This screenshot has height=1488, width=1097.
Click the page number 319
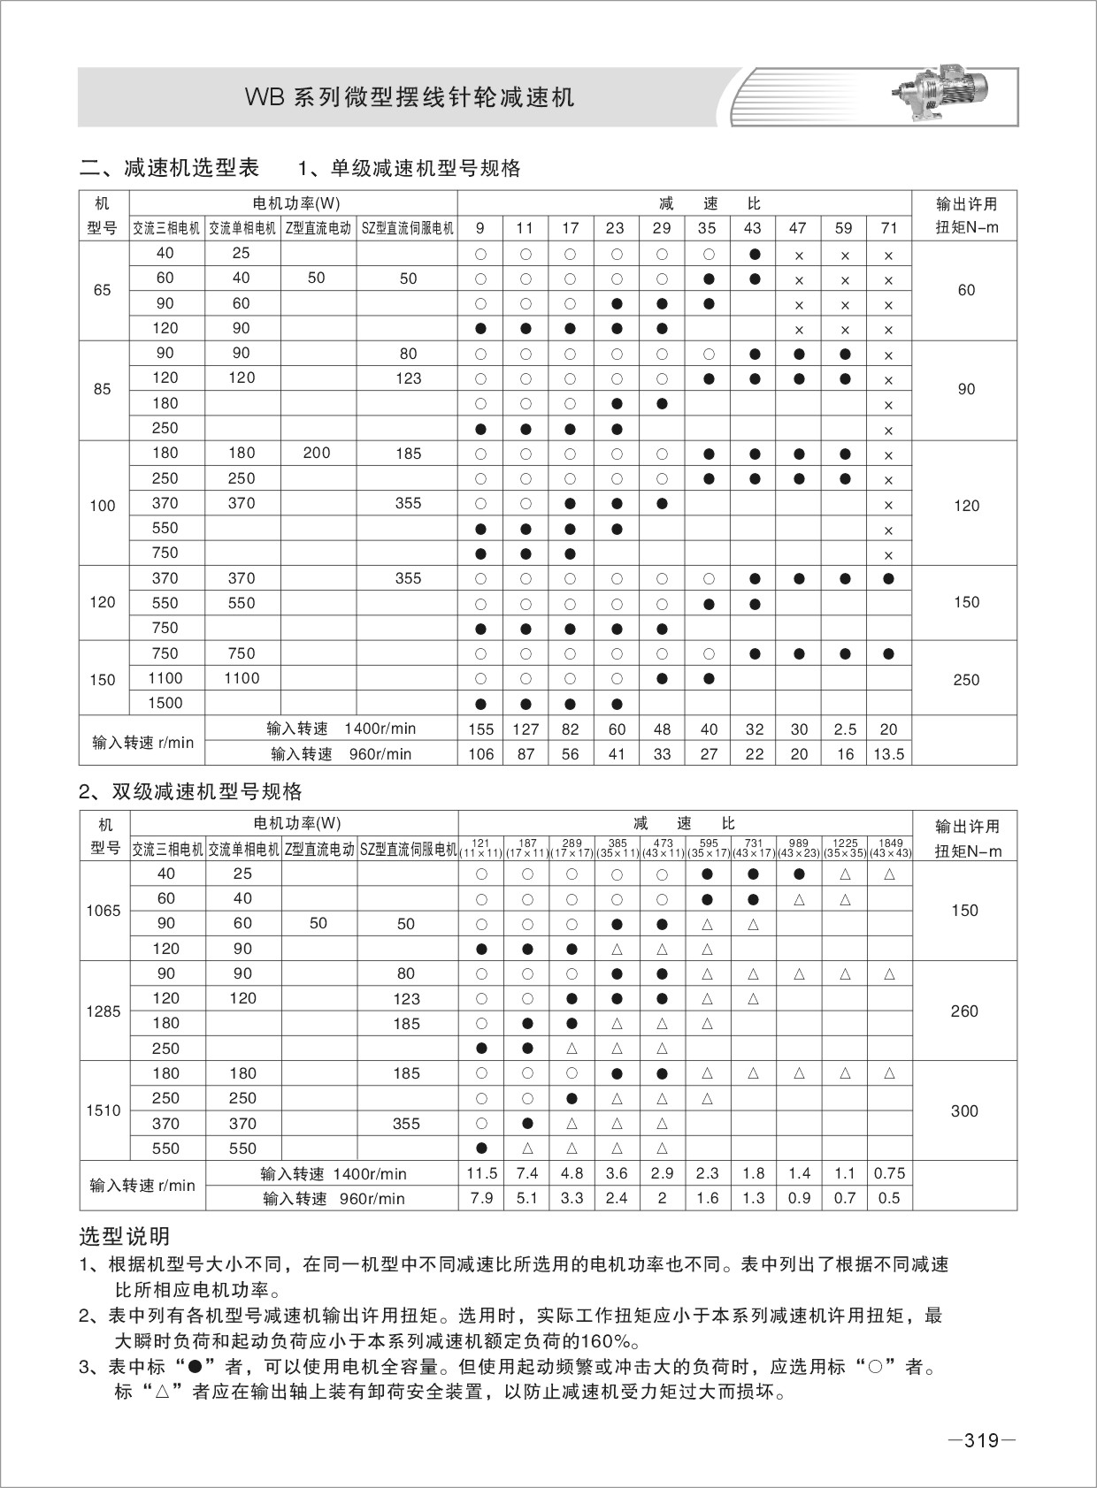pyautogui.click(x=981, y=1440)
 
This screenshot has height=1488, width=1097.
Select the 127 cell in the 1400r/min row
pyautogui.click(x=525, y=729)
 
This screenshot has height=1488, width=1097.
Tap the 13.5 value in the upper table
pyautogui.click(x=889, y=754)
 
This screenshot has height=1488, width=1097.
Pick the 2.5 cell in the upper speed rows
pyautogui.click(x=845, y=729)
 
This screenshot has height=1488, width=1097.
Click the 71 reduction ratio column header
pyautogui.click(x=889, y=228)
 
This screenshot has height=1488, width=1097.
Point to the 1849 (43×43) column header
pyautogui.click(x=890, y=849)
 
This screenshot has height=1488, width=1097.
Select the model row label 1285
pyautogui.click(x=104, y=1011)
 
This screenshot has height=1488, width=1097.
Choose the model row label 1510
pyautogui.click(x=104, y=1110)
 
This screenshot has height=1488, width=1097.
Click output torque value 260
pyautogui.click(x=964, y=1011)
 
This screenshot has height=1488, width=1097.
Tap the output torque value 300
pyautogui.click(x=964, y=1111)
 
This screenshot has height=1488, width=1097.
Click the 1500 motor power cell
pyautogui.click(x=165, y=704)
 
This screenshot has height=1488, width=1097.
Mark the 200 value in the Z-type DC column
pyautogui.click(x=317, y=454)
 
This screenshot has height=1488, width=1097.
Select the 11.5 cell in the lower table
pyautogui.click(x=482, y=1173)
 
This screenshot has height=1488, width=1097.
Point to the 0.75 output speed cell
pyautogui.click(x=889, y=1173)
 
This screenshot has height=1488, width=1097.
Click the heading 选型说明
pyautogui.click(x=125, y=1236)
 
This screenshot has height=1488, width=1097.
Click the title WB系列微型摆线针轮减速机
pyautogui.click(x=410, y=97)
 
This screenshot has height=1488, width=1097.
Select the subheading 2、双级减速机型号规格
pyautogui.click(x=190, y=790)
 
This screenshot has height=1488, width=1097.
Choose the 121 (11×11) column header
pyautogui.click(x=481, y=849)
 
